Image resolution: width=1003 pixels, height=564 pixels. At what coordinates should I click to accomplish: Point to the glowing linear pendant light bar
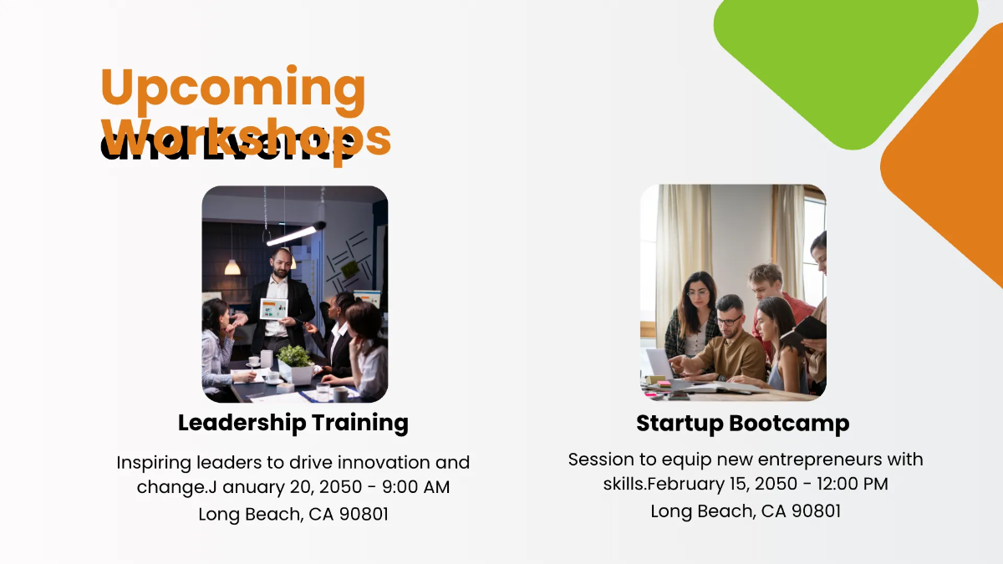pos(293,234)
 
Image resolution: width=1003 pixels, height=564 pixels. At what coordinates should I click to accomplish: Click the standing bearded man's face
pos(281,263)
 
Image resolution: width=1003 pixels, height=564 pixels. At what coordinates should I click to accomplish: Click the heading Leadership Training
pos(293,423)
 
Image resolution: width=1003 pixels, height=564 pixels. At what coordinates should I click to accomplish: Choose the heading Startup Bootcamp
pos(742,424)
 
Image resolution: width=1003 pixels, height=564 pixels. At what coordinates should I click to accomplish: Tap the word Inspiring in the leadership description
pos(157,462)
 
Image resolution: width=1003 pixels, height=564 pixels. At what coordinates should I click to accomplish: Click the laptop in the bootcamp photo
pos(659,363)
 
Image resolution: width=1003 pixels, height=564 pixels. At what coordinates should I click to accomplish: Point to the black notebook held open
pos(803,330)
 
